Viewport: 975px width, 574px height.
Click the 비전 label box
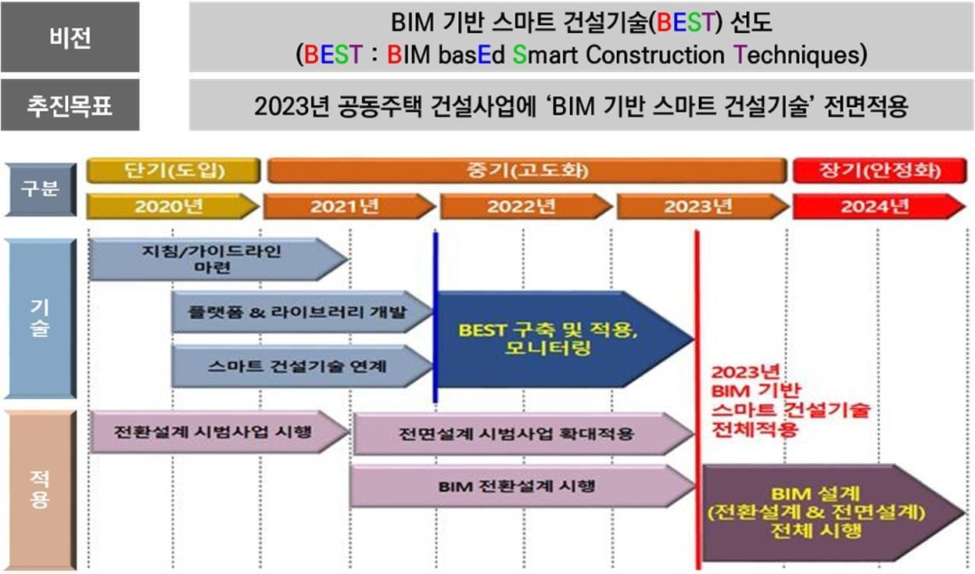tap(70, 37)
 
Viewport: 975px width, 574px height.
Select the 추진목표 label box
tap(70, 105)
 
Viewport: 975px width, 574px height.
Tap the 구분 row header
tap(40, 188)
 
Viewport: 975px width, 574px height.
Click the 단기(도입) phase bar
tap(172, 170)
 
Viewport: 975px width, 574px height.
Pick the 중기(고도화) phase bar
tap(526, 170)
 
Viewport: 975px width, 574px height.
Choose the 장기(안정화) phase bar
tap(879, 170)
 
